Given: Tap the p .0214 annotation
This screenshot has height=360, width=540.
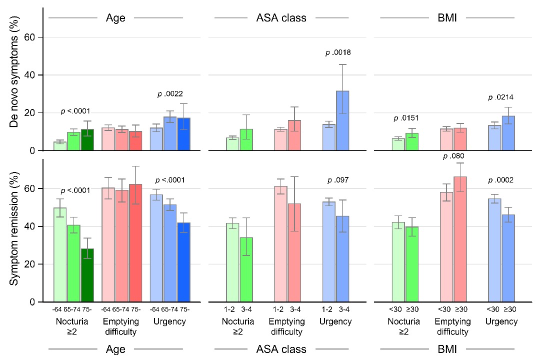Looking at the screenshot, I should [x=501, y=97].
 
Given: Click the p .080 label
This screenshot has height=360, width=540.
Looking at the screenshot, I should [x=454, y=156].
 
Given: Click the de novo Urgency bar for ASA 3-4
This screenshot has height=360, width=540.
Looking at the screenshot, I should [x=342, y=120].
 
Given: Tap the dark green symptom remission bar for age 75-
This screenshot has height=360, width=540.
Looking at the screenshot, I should [x=87, y=275].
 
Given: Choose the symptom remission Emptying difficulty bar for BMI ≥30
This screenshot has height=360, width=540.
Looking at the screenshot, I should [x=460, y=239].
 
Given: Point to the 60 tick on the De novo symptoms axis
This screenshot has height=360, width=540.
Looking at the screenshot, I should [x=33, y=37].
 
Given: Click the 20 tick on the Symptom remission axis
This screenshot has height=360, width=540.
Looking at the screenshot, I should [x=33, y=264].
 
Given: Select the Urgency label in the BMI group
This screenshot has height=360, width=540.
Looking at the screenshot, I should [x=501, y=321].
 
